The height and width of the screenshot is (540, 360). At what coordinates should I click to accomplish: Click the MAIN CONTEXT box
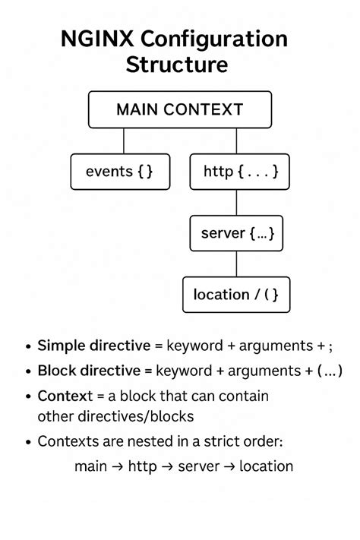(x=179, y=109)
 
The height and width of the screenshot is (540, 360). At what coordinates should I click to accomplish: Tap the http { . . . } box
(x=239, y=172)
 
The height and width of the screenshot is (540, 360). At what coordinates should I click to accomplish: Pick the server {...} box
(x=236, y=233)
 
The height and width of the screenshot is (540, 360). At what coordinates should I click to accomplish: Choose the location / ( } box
(x=236, y=295)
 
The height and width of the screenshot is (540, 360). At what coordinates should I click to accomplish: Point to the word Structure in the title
(x=176, y=65)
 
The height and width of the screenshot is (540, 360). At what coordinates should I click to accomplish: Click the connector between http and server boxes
(x=237, y=202)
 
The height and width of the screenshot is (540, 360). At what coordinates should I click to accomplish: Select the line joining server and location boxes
(x=237, y=264)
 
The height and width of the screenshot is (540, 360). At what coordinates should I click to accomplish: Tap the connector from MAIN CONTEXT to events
(x=124, y=141)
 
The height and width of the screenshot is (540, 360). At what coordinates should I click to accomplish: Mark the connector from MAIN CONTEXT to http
(x=237, y=141)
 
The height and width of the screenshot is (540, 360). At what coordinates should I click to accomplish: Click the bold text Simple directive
(x=93, y=346)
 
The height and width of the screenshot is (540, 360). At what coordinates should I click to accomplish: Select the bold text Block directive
(x=89, y=371)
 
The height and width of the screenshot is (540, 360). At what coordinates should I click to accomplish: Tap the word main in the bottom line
(x=90, y=466)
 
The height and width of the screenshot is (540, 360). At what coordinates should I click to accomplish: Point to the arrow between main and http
(x=117, y=466)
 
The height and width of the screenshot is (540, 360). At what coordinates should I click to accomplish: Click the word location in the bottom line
(x=266, y=466)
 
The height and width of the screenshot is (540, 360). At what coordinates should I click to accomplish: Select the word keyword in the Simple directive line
(x=194, y=346)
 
